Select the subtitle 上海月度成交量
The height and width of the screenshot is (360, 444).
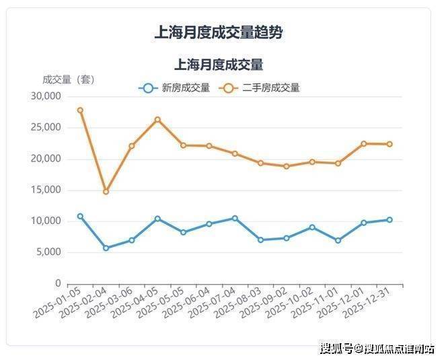click(218, 65)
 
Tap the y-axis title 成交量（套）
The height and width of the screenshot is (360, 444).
click(69, 79)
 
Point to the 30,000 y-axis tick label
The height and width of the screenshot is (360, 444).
click(46, 97)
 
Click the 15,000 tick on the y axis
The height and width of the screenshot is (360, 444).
click(46, 190)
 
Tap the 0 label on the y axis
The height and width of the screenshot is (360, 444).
click(58, 283)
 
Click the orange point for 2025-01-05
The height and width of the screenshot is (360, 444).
click(80, 110)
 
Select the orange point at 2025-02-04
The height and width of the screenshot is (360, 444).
click(106, 192)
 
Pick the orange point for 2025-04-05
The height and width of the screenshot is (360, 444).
click(157, 120)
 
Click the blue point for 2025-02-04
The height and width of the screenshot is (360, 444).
click(106, 248)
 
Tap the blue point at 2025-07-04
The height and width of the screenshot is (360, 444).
click(235, 218)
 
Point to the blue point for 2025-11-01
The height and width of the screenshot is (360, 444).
click(338, 240)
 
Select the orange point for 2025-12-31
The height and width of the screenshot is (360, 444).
click(390, 144)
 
